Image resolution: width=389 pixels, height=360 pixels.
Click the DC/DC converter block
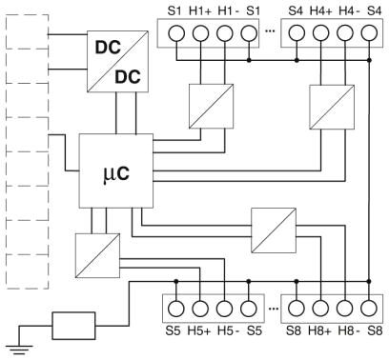click(x=117, y=61)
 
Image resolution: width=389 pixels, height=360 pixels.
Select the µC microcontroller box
click(x=116, y=170)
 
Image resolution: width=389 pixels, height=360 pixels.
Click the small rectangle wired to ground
click(x=73, y=326)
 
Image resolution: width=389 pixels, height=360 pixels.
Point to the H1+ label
click(x=200, y=11)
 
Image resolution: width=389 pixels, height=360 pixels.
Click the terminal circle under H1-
click(x=225, y=33)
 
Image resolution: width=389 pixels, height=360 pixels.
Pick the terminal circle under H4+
click(x=320, y=33)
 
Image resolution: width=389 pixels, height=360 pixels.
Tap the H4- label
click(x=349, y=11)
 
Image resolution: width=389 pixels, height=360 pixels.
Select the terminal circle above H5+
click(x=200, y=309)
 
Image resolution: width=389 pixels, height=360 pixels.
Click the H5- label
click(x=228, y=330)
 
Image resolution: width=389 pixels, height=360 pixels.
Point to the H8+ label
click(x=319, y=330)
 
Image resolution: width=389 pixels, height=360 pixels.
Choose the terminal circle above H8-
click(x=344, y=309)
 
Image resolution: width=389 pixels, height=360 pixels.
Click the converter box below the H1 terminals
click(x=212, y=107)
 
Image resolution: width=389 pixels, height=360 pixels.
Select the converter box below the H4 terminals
click(x=332, y=107)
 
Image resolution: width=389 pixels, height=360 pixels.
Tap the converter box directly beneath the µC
click(x=97, y=256)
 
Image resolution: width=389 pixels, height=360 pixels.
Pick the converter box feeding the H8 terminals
click(x=274, y=230)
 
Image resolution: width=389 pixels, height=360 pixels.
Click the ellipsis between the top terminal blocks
click(x=270, y=31)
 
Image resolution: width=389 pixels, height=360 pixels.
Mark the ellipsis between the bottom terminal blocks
click(x=274, y=309)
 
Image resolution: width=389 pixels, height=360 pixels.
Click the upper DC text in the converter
click(x=108, y=48)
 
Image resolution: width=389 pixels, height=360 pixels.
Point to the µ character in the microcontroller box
click(x=108, y=175)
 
